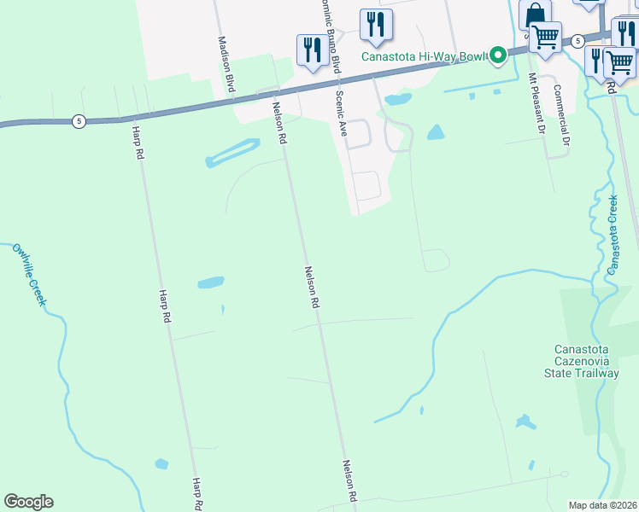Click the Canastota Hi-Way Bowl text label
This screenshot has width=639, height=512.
(x=422, y=57)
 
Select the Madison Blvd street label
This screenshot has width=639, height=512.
(x=226, y=65)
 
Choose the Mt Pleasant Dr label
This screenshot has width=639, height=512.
(x=536, y=103)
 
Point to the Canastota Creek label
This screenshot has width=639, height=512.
(x=612, y=234)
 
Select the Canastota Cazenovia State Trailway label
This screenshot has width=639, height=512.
(x=586, y=361)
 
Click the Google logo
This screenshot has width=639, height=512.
(x=28, y=502)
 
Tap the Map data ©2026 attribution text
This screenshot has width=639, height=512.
(x=601, y=505)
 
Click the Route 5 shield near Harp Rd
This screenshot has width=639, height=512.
(x=79, y=121)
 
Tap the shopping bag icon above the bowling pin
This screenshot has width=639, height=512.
(x=534, y=15)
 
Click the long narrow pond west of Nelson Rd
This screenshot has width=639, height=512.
(x=232, y=153)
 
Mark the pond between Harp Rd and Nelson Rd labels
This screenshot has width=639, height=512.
(x=210, y=282)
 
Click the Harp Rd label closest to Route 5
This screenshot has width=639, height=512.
(x=138, y=143)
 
